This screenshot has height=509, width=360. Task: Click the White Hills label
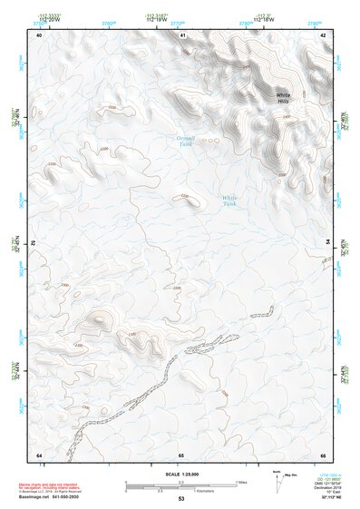284,98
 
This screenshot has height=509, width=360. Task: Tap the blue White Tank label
230,201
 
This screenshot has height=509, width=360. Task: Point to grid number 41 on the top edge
181,34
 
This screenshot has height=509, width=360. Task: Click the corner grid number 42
323,34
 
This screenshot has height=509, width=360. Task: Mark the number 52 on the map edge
34,244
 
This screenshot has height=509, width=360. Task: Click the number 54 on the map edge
328,244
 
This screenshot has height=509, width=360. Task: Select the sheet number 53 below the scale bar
181,499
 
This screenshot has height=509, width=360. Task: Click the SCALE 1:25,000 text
181,475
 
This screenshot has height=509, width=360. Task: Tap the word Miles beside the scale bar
243,482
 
